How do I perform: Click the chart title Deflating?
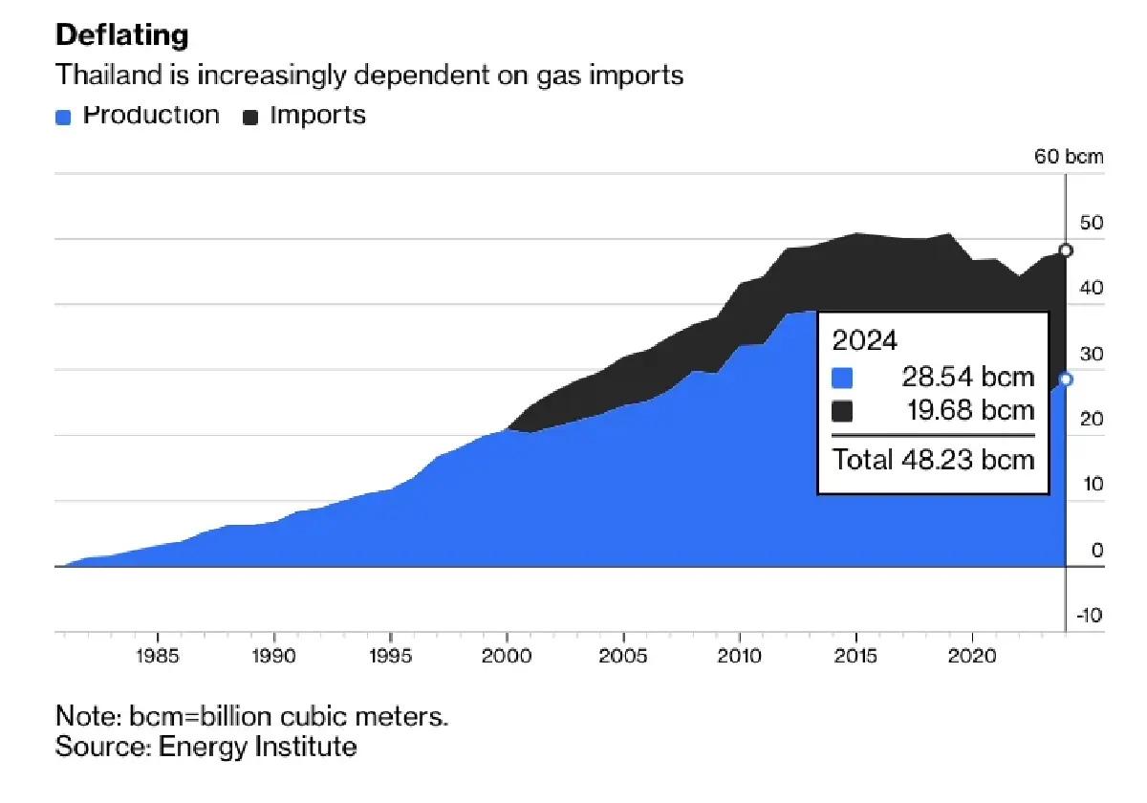pyautogui.click(x=121, y=36)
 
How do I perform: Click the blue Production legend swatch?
pyautogui.click(x=64, y=118)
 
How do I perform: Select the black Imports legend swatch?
pyautogui.click(x=251, y=118)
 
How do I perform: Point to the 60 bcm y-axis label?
pyautogui.click(x=1070, y=157)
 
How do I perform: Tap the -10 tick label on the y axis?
pyautogui.click(x=1090, y=615)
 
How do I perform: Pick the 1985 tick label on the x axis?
pyautogui.click(x=157, y=659)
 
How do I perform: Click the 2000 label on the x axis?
pyautogui.click(x=507, y=659)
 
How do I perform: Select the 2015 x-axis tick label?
pyautogui.click(x=856, y=659)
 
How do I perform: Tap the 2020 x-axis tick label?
pyautogui.click(x=973, y=659)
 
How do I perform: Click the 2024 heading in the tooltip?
pyautogui.click(x=865, y=341)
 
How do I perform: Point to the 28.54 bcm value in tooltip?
pyautogui.click(x=968, y=377)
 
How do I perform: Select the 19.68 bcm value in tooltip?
pyautogui.click(x=968, y=411)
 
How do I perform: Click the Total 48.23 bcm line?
pyautogui.click(x=933, y=459)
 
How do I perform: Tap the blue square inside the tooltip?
pyautogui.click(x=842, y=378)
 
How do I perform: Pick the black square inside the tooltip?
pyautogui.click(x=842, y=412)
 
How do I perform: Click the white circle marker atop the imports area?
pyautogui.click(x=1066, y=250)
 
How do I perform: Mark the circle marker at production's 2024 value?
pyautogui.click(x=1066, y=380)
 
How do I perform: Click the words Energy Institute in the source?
pyautogui.click(x=257, y=747)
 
